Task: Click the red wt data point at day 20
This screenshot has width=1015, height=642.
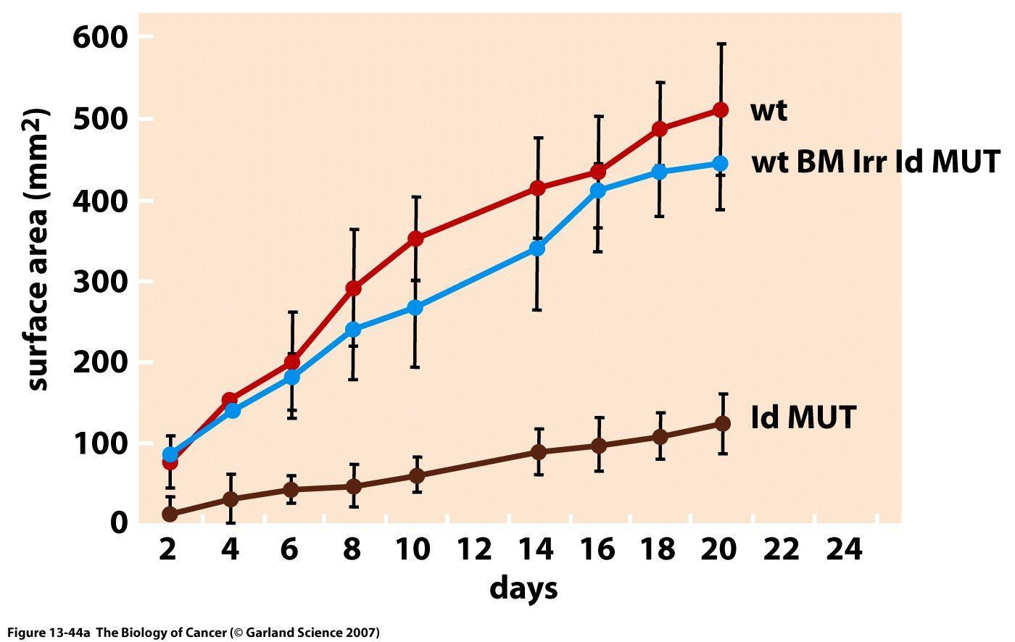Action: point(721,110)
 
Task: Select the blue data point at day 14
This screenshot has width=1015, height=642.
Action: point(537,248)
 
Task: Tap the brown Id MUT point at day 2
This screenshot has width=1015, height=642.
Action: point(170,514)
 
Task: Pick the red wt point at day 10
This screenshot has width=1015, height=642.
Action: point(416,238)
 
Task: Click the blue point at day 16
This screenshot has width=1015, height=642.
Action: point(598,191)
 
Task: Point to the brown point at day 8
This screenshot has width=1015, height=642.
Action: point(353,486)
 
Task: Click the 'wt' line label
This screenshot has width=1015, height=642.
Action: point(768,111)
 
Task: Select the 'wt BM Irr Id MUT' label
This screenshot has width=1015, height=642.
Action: point(876,162)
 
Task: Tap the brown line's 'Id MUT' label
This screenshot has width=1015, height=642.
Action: point(803,418)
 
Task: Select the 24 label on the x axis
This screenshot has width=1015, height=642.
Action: point(845,550)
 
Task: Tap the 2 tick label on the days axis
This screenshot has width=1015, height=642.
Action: point(167,550)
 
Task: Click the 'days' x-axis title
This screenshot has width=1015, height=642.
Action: point(523,588)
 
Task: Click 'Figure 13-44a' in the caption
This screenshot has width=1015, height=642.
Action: point(49,633)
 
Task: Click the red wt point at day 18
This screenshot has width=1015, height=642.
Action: point(660,129)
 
